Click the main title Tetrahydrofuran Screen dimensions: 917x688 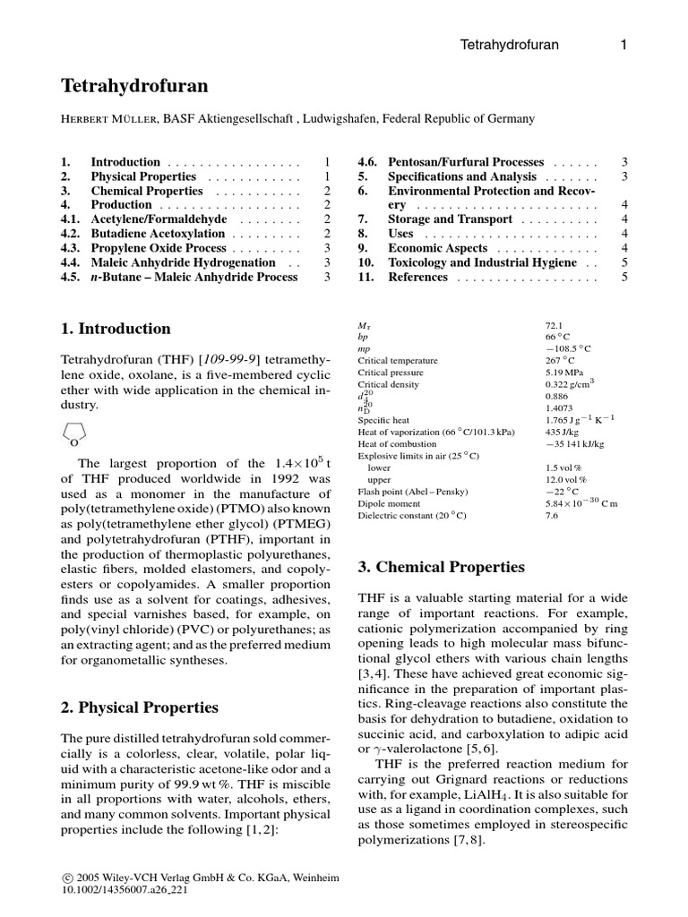(134, 86)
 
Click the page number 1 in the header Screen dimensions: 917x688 (623, 44)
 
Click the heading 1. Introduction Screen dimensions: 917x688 (116, 329)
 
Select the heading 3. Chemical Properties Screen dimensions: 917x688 (441, 568)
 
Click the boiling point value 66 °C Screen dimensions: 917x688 (558, 337)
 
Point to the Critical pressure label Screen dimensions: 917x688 (391, 372)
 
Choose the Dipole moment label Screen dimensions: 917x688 (387, 503)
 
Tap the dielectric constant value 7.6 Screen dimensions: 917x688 (552, 515)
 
